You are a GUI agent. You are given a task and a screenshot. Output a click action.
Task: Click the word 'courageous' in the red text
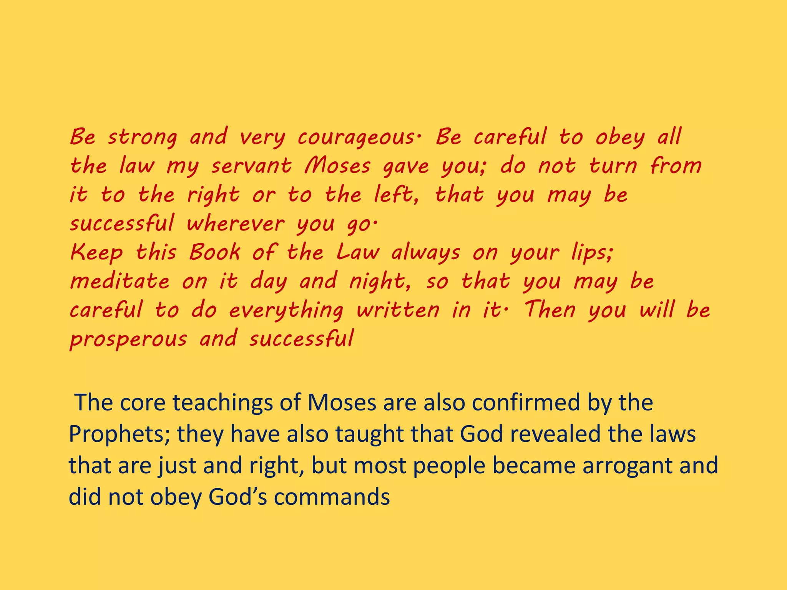[355, 138]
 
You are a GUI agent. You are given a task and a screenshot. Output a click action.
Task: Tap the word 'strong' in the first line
[143, 138]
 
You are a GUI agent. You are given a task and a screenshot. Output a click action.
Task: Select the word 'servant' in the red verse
[251, 166]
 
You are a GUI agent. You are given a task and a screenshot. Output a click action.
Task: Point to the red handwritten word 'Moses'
[337, 166]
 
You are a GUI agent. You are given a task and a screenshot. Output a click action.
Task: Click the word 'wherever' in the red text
[236, 224]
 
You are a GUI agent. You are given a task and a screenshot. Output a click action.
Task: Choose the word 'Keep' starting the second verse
[97, 253]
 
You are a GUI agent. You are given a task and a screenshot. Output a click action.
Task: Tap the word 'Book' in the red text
[214, 253]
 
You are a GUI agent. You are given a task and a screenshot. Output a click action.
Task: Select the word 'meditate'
[120, 281]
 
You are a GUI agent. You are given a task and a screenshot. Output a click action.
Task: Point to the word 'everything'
[286, 310]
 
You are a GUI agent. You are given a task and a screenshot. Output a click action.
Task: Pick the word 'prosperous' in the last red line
[128, 339]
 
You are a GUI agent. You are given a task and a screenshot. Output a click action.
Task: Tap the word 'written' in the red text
[398, 310]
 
